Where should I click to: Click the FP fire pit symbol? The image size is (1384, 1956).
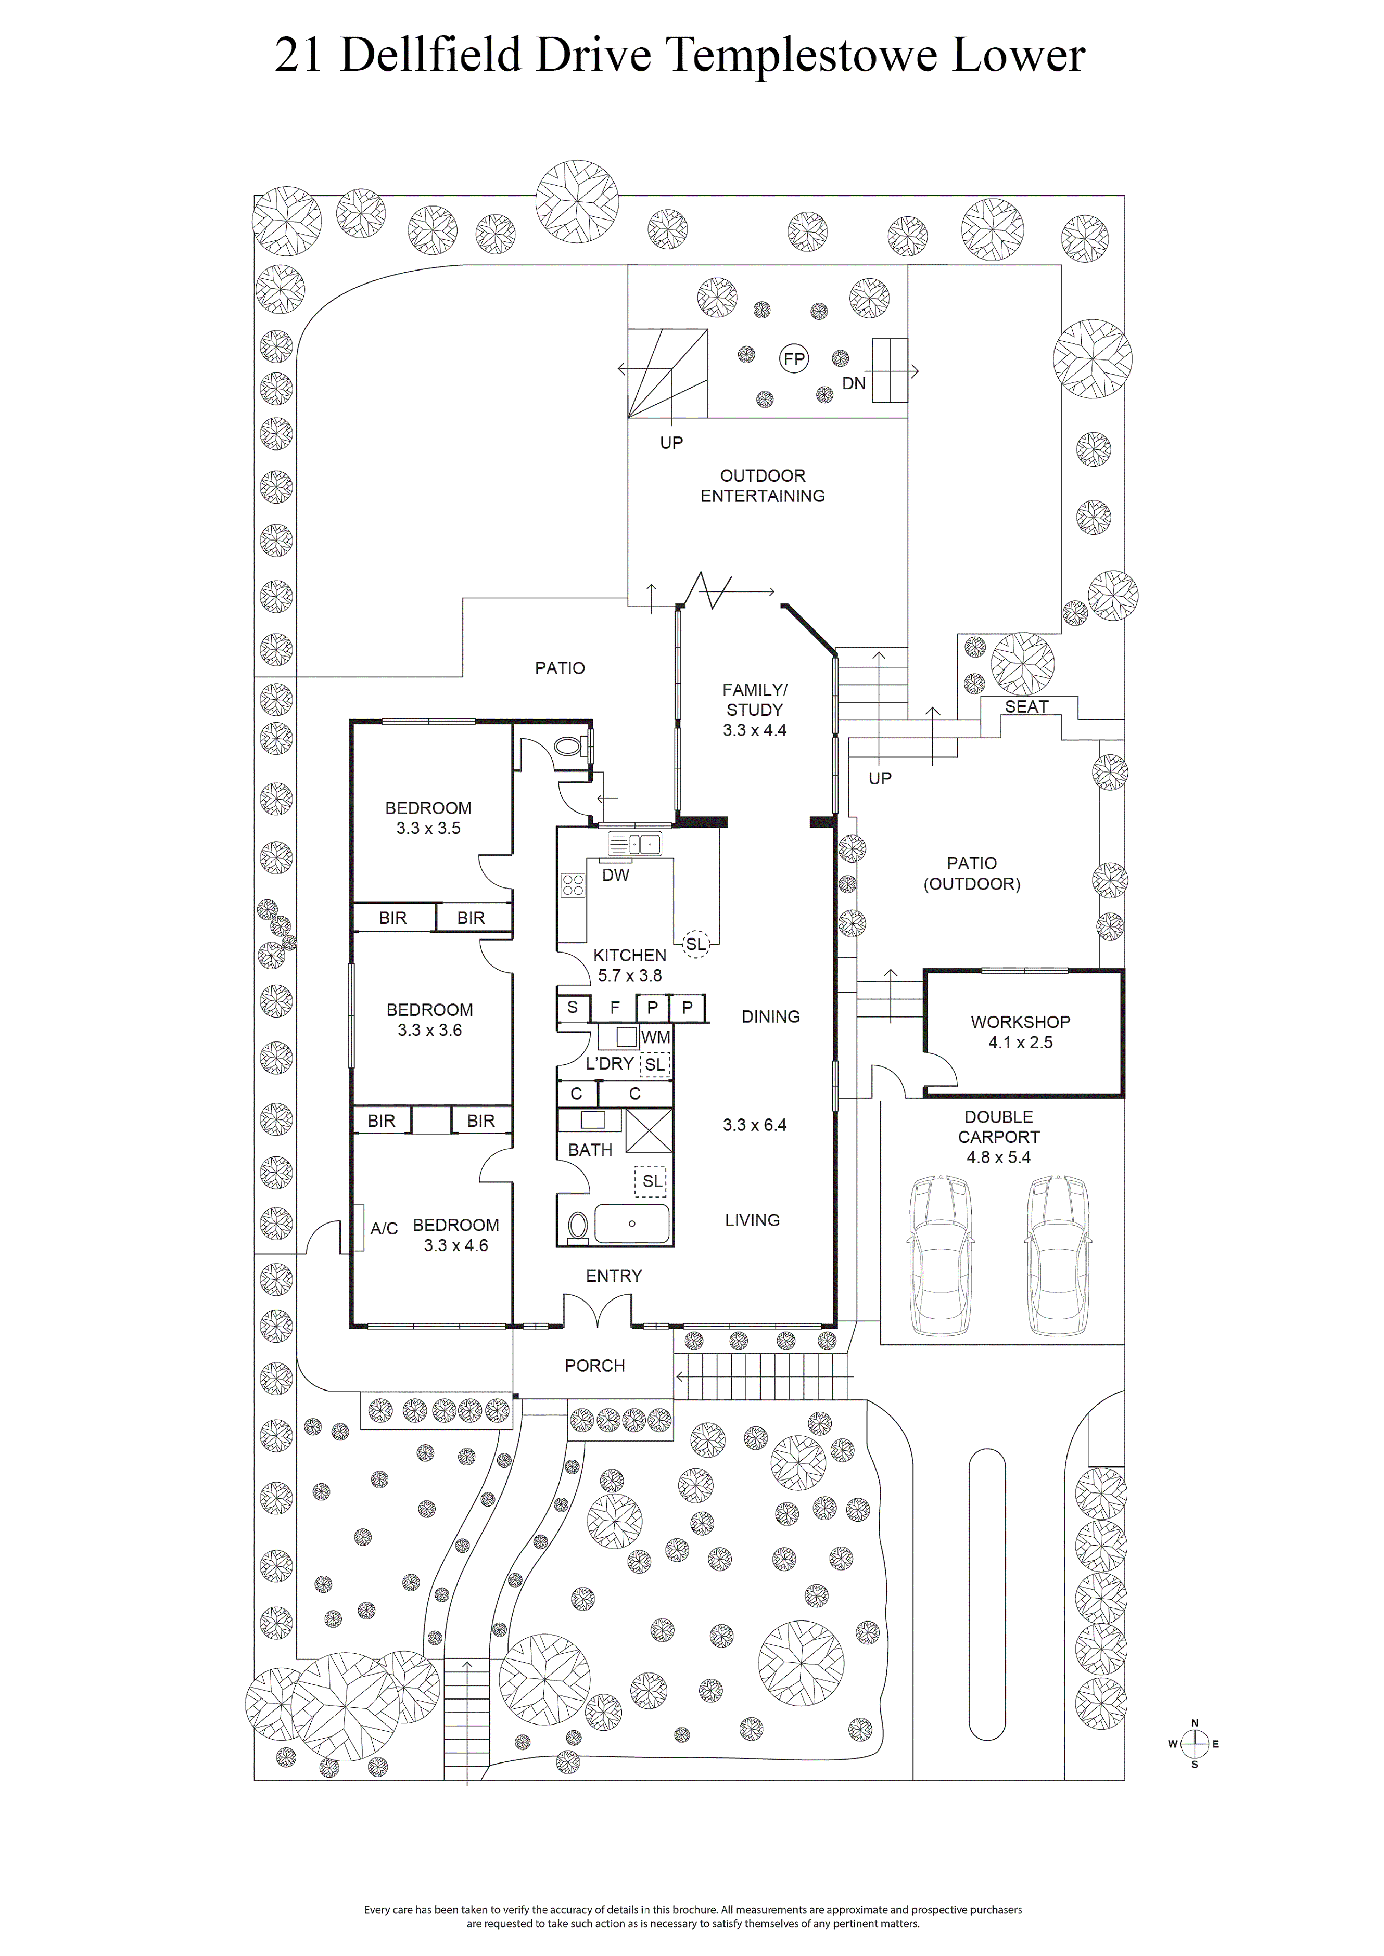click(794, 359)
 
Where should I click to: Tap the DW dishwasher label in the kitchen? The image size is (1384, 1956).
click(615, 875)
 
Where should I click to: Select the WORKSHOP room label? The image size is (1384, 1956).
click(1020, 1022)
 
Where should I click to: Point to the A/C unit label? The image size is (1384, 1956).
click(384, 1228)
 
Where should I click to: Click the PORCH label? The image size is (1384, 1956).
click(595, 1366)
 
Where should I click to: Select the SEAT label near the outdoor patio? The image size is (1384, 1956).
click(1026, 706)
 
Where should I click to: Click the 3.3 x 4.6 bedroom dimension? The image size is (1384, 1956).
click(456, 1245)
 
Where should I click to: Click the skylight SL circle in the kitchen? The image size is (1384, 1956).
click(695, 944)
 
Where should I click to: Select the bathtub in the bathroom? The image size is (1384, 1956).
click(631, 1224)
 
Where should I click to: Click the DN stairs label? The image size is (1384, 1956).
click(854, 383)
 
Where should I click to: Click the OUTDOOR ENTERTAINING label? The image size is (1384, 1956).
click(763, 485)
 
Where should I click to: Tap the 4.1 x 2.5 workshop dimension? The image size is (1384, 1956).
click(1020, 1042)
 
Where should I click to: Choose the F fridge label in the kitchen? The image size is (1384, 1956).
click(615, 1008)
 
